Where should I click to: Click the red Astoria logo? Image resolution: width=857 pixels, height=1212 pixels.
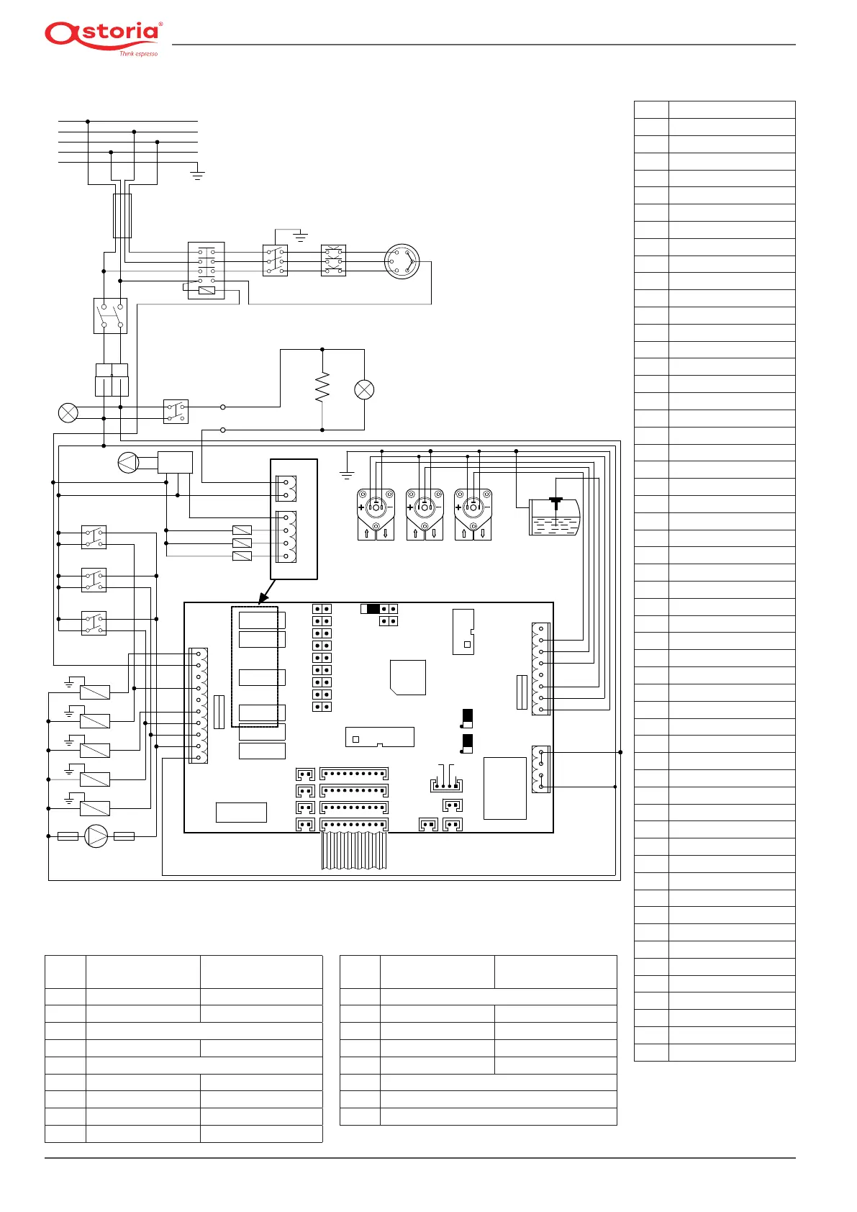[x=103, y=35]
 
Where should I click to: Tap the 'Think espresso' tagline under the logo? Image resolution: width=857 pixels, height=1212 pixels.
[x=138, y=54]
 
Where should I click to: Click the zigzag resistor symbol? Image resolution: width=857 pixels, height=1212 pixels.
[x=322, y=387]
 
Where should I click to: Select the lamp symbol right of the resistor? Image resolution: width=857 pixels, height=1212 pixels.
[x=364, y=389]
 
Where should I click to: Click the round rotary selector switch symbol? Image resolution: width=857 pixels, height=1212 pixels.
[x=402, y=262]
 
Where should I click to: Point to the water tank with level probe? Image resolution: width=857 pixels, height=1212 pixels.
[x=554, y=516]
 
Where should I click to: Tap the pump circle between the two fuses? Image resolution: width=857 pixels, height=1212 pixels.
[x=96, y=836]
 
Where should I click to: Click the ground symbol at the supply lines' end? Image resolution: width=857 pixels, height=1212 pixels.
[x=197, y=174]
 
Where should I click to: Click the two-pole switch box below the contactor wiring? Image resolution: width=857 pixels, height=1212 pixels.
[x=110, y=315]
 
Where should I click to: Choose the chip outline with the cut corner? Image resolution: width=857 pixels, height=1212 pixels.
[x=407, y=677]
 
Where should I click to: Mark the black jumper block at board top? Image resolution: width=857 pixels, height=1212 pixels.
[x=373, y=609]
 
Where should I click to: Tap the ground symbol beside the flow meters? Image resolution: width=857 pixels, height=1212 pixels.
[x=347, y=474]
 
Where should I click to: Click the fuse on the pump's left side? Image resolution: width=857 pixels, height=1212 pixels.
[x=68, y=836]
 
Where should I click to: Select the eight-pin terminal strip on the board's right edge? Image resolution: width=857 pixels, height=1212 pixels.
[x=540, y=669]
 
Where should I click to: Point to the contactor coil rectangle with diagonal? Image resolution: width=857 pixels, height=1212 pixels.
[x=206, y=290]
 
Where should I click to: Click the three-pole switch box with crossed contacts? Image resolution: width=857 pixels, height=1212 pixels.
[x=333, y=261]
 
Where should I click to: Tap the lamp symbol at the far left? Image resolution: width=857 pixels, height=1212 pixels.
[x=68, y=412]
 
